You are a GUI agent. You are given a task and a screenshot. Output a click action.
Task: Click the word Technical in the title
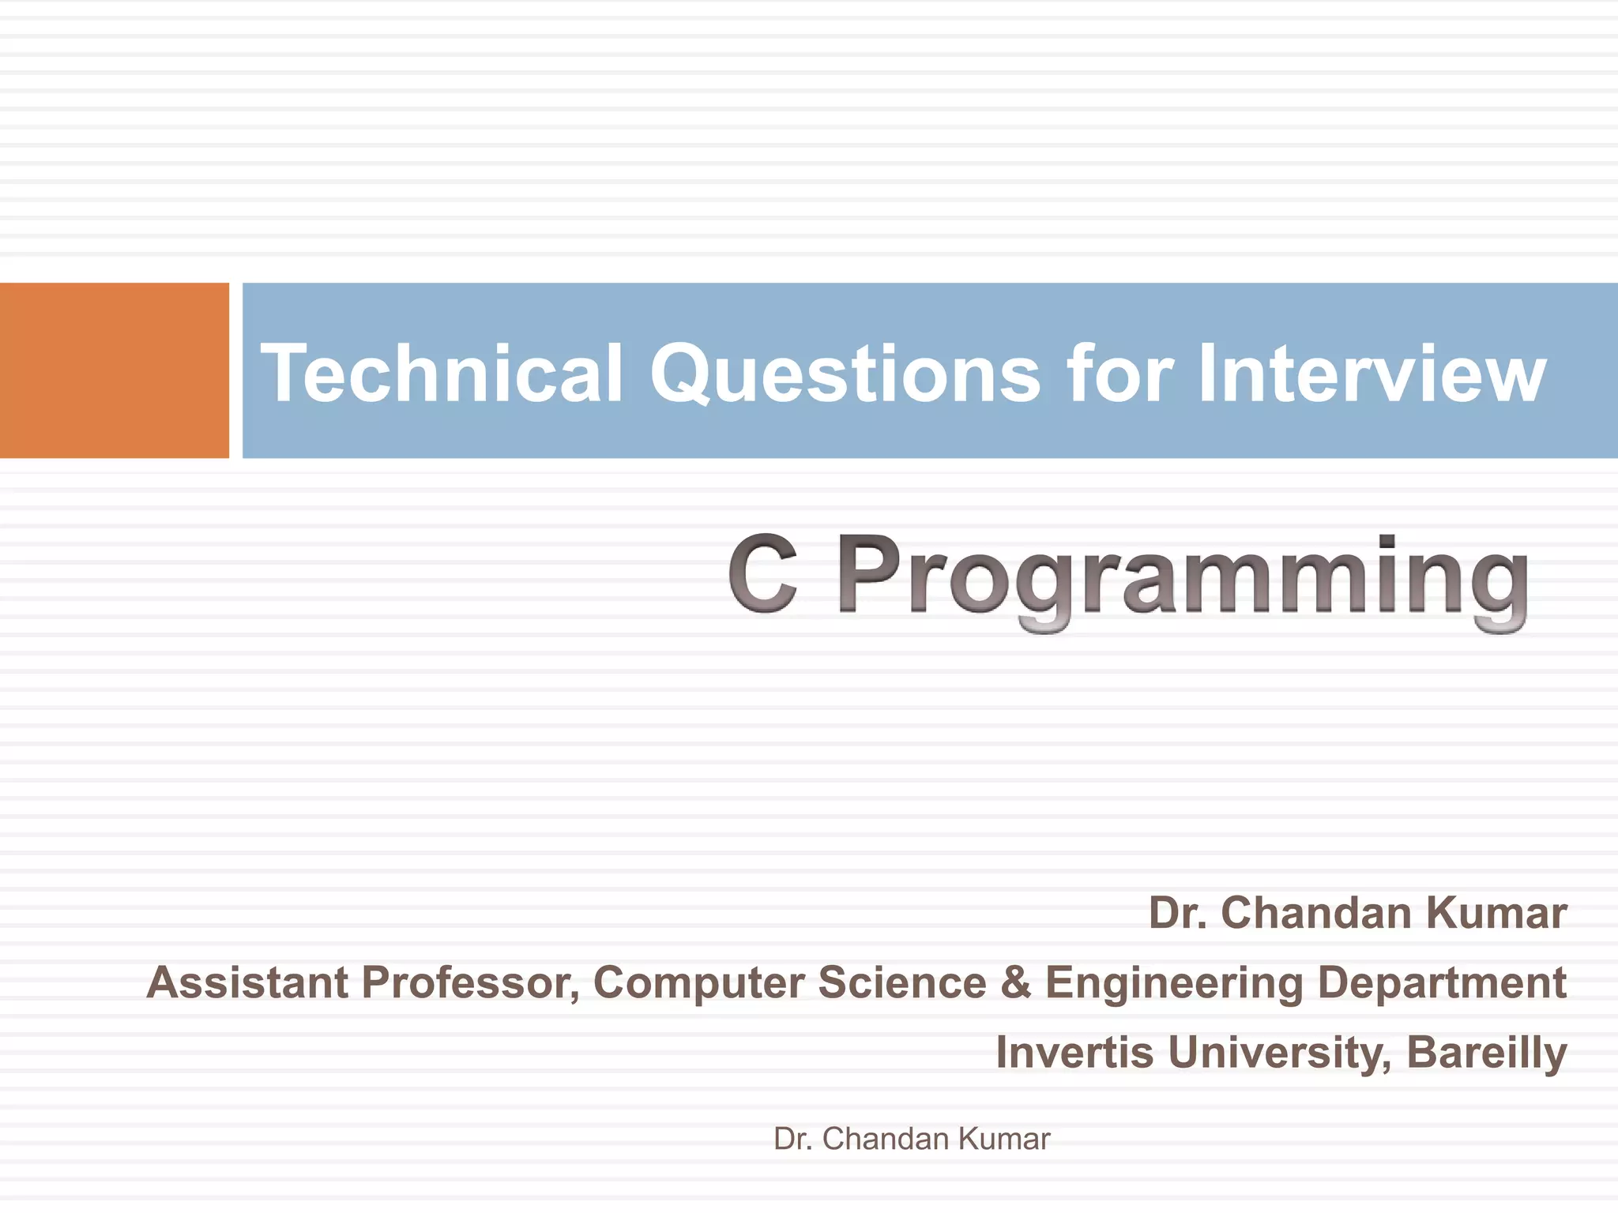click(442, 373)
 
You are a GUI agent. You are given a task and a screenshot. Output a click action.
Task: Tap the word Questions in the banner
click(845, 373)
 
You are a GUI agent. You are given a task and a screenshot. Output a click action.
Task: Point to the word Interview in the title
click(1372, 373)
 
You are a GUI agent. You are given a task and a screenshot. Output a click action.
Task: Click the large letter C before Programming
click(762, 575)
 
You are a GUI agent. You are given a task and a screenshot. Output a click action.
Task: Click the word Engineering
click(1173, 984)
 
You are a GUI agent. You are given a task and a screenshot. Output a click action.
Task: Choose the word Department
click(1442, 984)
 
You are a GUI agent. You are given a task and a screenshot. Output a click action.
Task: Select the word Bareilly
click(1486, 1054)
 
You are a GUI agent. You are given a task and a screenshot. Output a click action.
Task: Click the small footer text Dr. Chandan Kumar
click(912, 1139)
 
